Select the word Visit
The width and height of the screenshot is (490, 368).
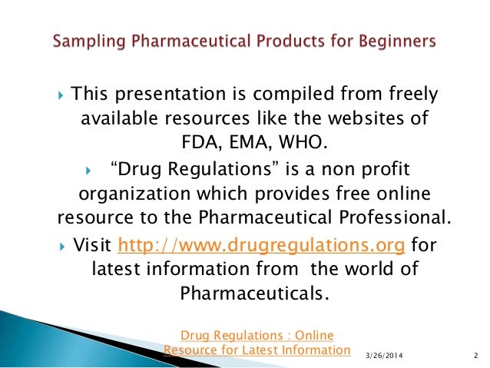(92, 247)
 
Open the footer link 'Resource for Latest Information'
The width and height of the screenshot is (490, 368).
(257, 350)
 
